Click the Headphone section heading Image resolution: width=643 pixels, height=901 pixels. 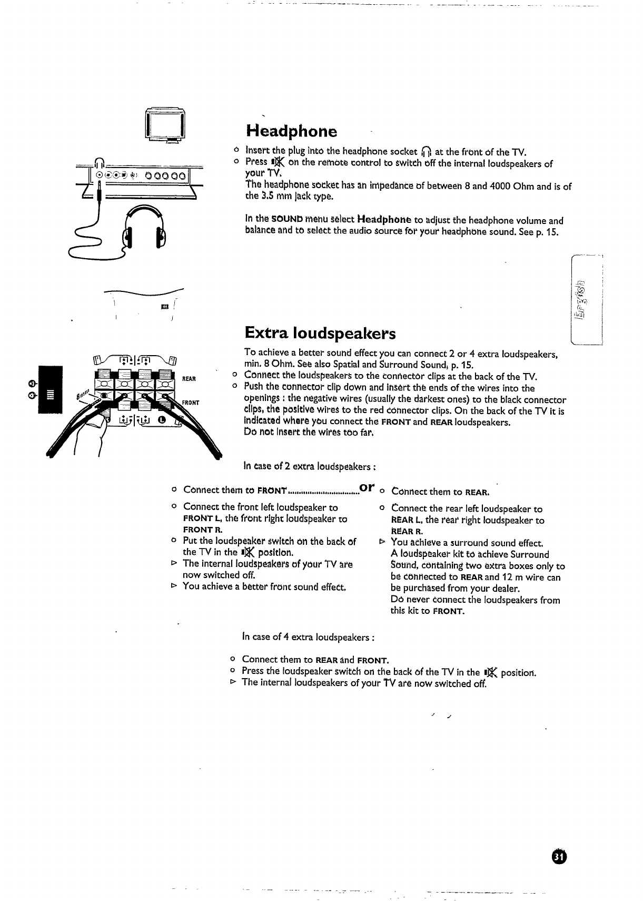coord(291,131)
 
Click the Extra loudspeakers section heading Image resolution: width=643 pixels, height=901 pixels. coord(320,334)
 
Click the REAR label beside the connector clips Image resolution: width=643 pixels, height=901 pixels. coord(189,379)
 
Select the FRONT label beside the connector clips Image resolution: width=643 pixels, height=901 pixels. coord(191,403)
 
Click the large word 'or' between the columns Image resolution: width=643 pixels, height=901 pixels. coord(367,488)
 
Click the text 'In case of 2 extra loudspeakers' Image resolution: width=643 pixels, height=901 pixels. coord(309,466)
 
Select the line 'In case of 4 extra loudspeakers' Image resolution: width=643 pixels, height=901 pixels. coord(308,637)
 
